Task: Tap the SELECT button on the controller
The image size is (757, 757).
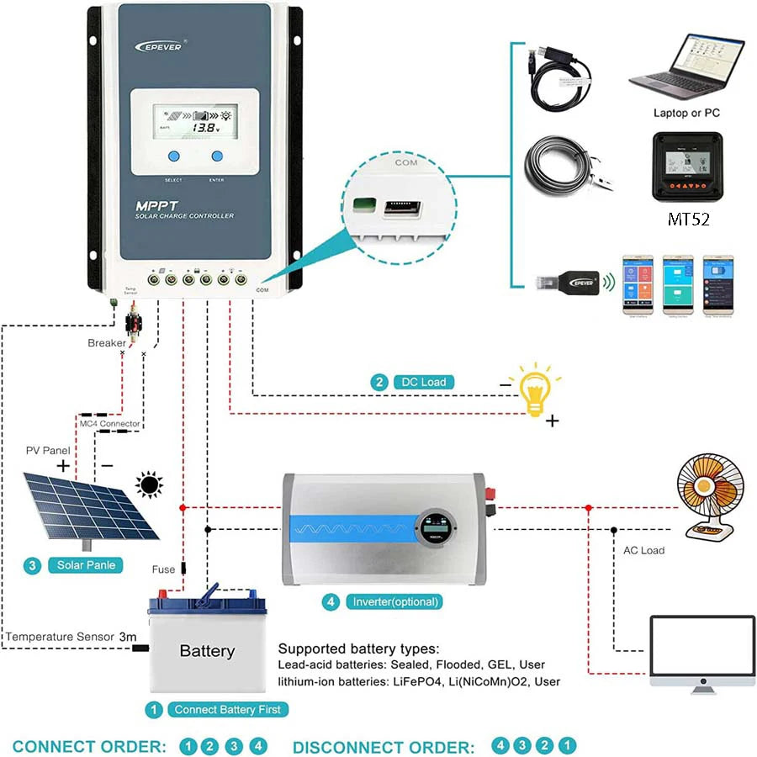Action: click(x=173, y=156)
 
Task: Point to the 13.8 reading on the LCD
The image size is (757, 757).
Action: click(x=203, y=128)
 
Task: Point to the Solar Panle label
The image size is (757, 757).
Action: click(x=85, y=565)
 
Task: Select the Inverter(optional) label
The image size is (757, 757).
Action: click(x=395, y=602)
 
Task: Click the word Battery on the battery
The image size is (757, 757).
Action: click(x=207, y=651)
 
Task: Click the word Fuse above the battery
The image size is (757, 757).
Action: click(x=163, y=569)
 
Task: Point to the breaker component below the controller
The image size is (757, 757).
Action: click(x=133, y=325)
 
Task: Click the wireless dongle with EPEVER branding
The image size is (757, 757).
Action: click(x=572, y=283)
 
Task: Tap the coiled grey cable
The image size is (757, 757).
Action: click(x=562, y=167)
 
